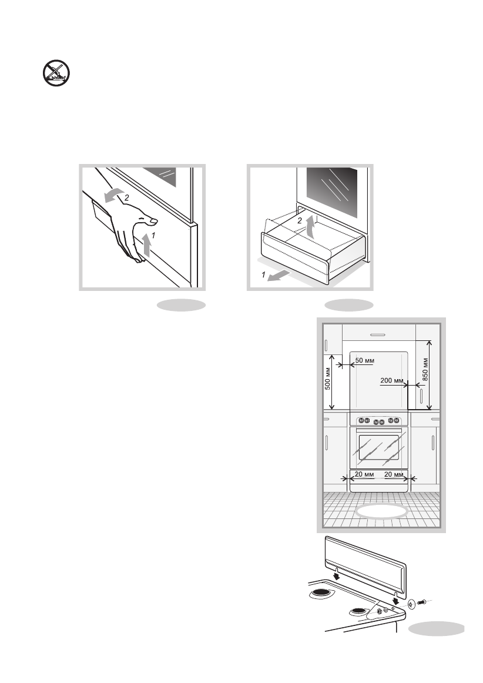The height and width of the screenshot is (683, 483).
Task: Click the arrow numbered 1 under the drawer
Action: point(277,276)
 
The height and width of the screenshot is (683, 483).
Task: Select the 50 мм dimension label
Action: point(365,359)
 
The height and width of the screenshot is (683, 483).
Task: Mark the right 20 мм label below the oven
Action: point(394,474)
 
